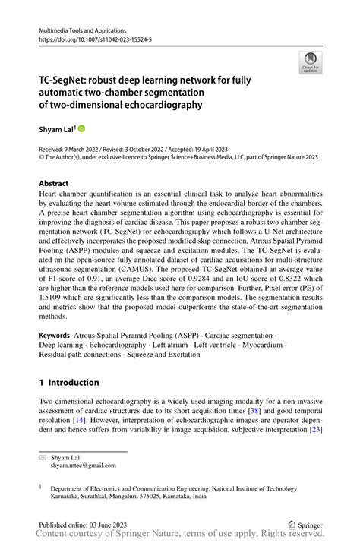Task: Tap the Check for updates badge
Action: pos(311,64)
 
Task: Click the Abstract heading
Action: pos(54,184)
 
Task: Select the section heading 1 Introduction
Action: pos(69,382)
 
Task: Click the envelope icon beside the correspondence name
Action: pos(43,458)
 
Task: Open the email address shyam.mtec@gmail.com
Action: pos(84,466)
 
